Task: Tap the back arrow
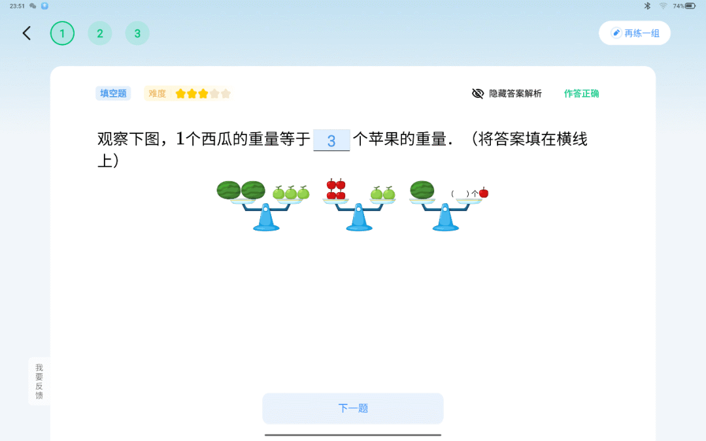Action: pos(27,33)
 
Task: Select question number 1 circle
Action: pos(62,33)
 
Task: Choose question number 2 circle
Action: pos(100,33)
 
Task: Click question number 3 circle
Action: pos(137,33)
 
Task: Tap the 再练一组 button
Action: pos(634,33)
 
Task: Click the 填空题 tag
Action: pos(113,93)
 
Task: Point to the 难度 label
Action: pos(158,93)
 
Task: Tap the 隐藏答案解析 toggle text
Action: pos(515,93)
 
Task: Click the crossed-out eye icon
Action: pos(478,93)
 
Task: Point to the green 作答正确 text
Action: pos(581,93)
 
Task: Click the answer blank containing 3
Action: pos(331,140)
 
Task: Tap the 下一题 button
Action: pos(353,408)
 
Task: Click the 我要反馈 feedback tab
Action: pos(39,381)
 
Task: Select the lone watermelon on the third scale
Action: pos(422,190)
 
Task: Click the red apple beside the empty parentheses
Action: pos(484,193)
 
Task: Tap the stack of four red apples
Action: pos(335,189)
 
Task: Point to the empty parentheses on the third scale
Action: pos(460,193)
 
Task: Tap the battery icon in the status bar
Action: pos(691,6)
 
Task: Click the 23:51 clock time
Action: pos(17,6)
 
